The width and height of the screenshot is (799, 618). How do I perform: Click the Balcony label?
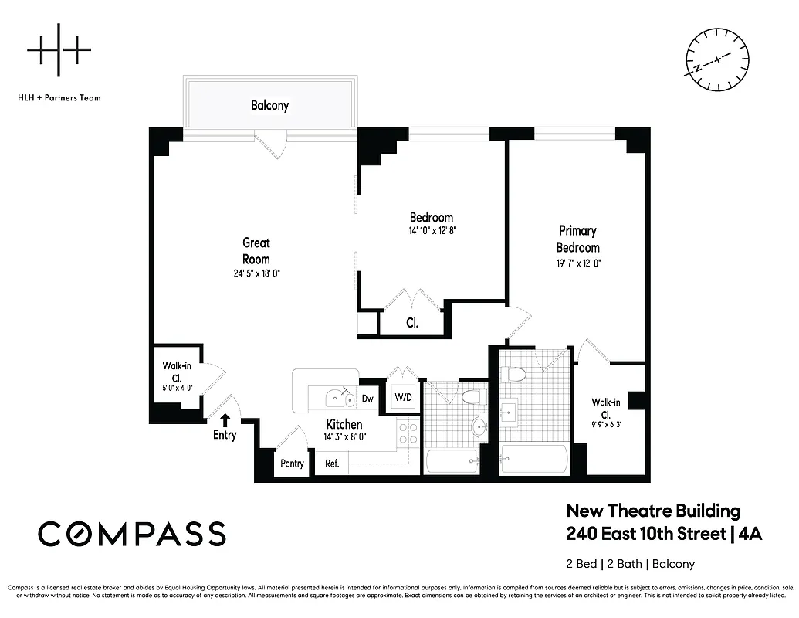(269, 105)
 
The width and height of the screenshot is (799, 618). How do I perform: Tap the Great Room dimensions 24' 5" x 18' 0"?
(256, 273)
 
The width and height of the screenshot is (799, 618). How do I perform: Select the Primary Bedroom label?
(578, 239)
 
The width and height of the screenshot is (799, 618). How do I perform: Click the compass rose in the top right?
(717, 59)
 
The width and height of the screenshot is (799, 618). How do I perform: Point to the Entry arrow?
(225, 420)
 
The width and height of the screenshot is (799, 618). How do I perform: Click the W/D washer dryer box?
(403, 398)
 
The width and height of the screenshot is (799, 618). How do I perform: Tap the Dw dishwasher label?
(367, 399)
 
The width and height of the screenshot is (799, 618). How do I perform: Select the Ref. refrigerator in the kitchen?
(333, 463)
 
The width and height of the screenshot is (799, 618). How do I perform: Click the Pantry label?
(292, 463)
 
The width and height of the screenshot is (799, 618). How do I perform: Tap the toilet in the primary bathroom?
(513, 375)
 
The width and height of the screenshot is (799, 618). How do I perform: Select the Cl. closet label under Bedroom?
(412, 323)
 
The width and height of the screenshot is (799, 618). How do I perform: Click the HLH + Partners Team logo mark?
(59, 52)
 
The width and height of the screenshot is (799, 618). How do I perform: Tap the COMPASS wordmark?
(132, 534)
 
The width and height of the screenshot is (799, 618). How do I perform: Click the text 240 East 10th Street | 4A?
(664, 534)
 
